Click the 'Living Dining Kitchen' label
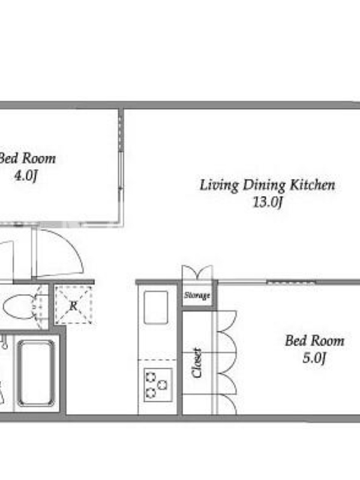[x=267, y=185]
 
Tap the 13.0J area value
[x=267, y=202]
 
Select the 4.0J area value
[x=26, y=176]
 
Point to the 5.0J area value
[x=314, y=358]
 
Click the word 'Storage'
[x=197, y=295]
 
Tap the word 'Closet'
[x=197, y=363]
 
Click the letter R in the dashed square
[x=73, y=305]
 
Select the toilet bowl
[x=19, y=307]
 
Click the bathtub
[x=36, y=373]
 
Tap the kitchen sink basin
[x=156, y=307]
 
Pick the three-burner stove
[x=158, y=385]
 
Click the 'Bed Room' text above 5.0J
[x=314, y=341]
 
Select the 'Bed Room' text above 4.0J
[x=27, y=158]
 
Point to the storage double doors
[x=197, y=272]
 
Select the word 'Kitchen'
[x=313, y=185]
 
